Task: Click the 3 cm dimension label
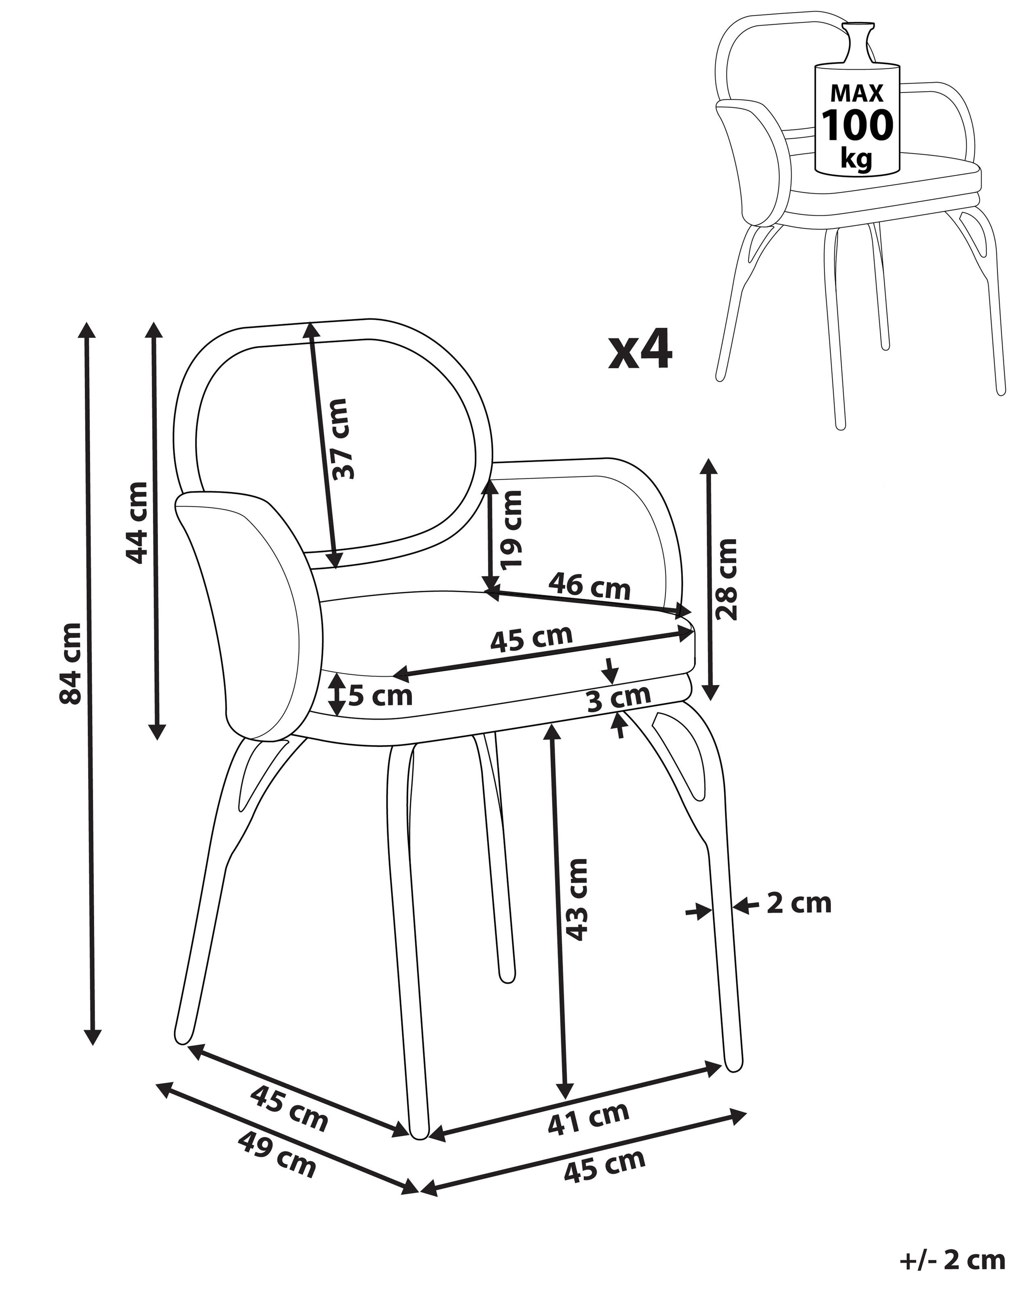coord(619,697)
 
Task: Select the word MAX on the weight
coord(857,93)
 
